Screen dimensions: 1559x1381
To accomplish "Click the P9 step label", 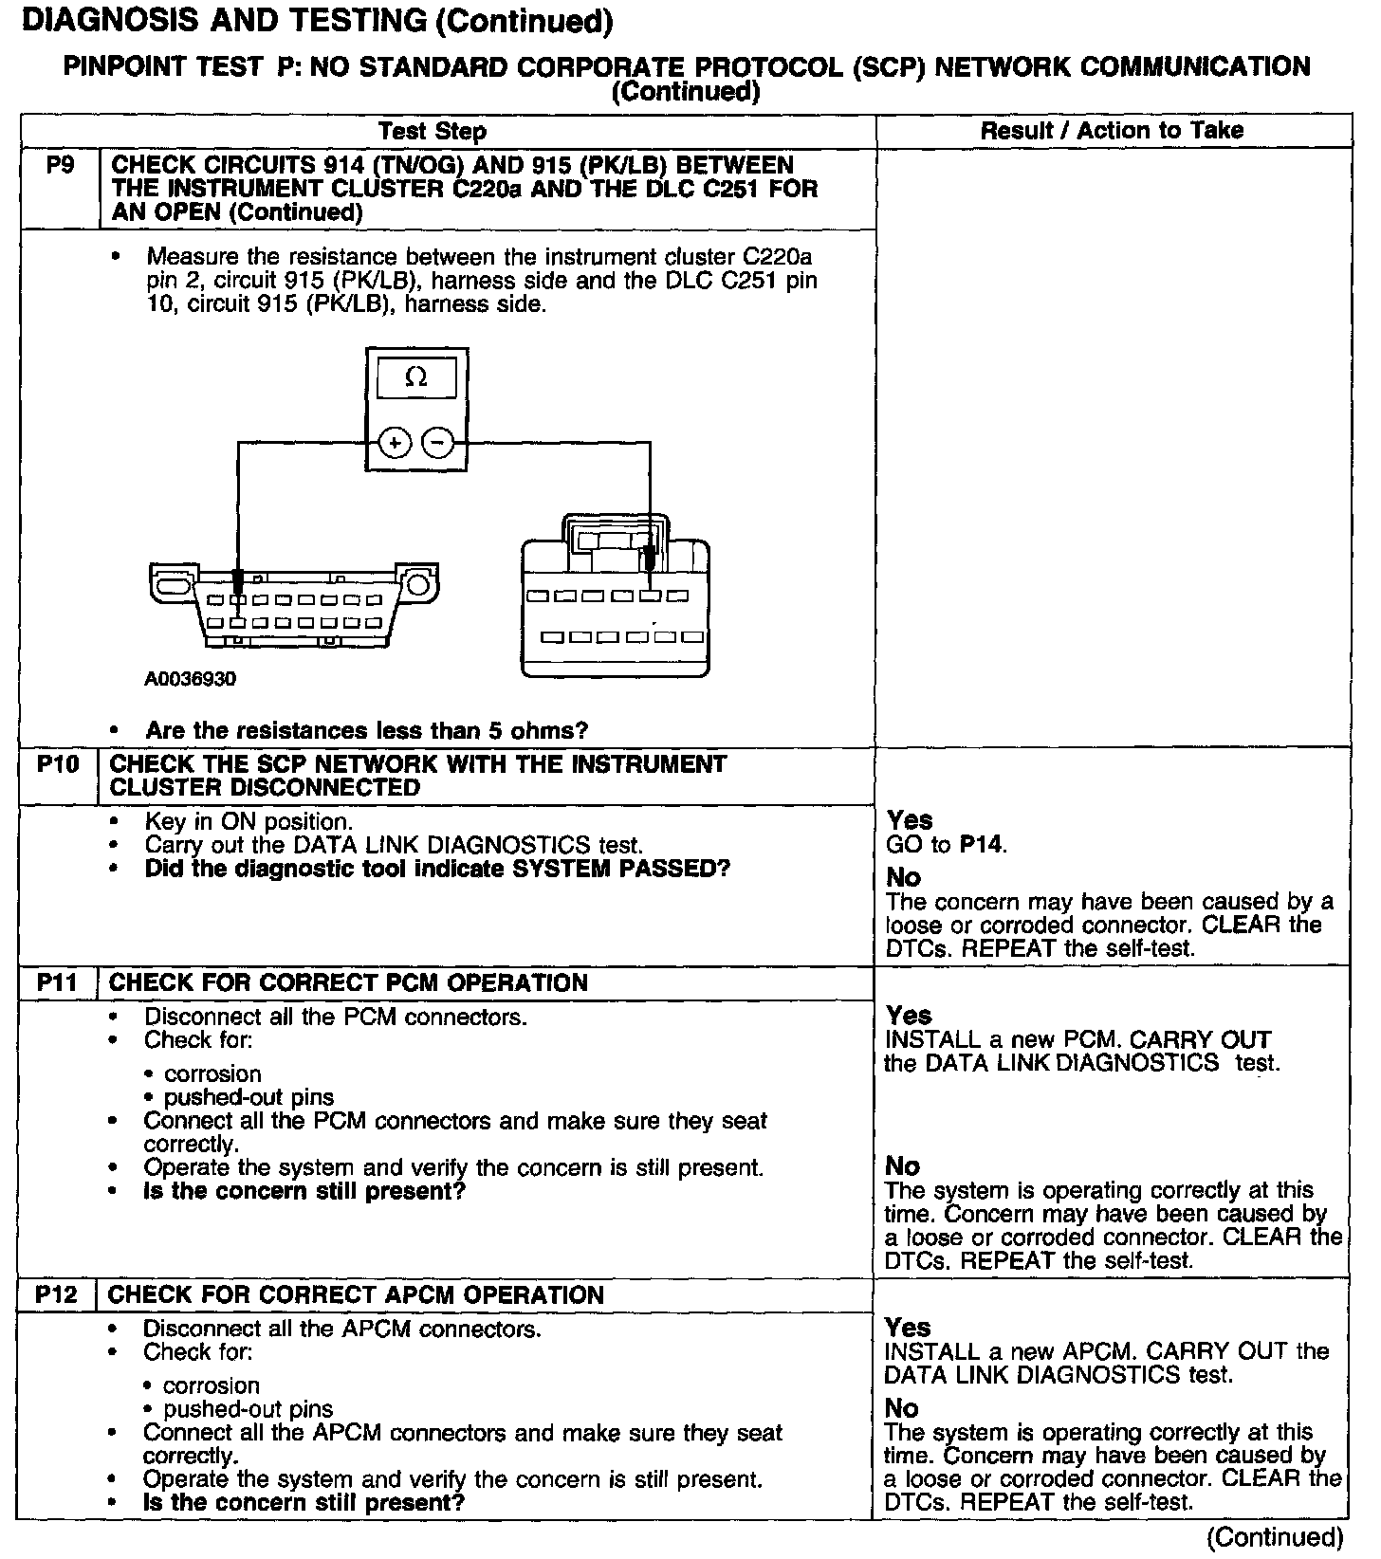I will tap(59, 166).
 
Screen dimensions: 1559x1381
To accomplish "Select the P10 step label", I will tap(58, 764).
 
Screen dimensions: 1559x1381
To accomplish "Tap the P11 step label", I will tap(57, 982).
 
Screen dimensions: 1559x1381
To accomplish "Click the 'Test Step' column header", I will tap(433, 131).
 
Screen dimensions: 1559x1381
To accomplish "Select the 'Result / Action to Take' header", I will tap(1112, 131).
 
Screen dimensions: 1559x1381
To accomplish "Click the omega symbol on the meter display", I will tap(415, 377).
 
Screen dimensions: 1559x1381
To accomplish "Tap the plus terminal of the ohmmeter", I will tap(395, 442).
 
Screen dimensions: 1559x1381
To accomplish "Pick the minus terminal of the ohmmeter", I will tap(437, 442).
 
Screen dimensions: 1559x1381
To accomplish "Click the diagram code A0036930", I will tap(191, 679).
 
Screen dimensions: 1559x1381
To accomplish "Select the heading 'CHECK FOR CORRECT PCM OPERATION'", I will tap(348, 982).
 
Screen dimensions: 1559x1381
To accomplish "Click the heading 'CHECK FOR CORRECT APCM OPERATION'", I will tap(356, 1294).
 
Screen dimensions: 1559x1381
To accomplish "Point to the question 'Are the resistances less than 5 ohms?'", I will tap(366, 730).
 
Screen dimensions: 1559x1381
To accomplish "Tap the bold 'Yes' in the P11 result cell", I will tap(909, 1016).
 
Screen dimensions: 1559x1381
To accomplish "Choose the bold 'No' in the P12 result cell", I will tap(901, 1408).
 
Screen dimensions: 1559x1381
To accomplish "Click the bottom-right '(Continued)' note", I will tap(1275, 1538).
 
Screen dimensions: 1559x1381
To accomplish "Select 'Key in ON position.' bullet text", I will tap(249, 821).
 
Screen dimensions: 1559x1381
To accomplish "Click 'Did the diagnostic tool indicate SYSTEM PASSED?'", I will tap(437, 869).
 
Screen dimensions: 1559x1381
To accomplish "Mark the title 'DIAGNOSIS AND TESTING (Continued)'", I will tap(317, 21).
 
